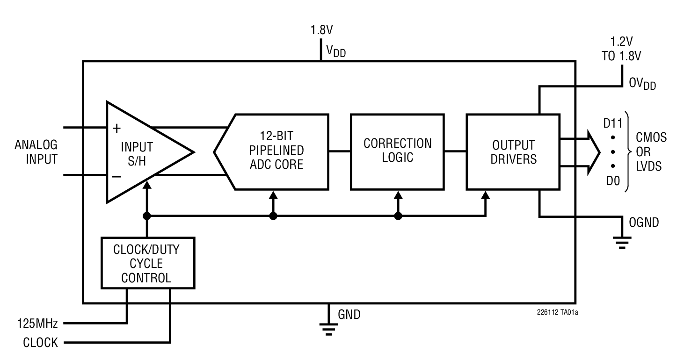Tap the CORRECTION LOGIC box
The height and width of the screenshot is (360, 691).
pos(397,151)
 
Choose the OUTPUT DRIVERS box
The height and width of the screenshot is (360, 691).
pos(513,151)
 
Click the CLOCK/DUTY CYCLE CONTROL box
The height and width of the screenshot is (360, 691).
pos(148,263)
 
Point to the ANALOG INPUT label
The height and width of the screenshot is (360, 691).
pos(36,151)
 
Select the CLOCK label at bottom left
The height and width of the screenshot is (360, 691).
pos(40,343)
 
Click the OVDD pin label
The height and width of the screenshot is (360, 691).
pos(642,84)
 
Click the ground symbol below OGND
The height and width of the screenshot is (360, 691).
pos(622,242)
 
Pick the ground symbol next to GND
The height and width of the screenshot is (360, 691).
pos(329,328)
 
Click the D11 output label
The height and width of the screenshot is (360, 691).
pos(613,124)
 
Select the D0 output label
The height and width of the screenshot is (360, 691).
pos(613,180)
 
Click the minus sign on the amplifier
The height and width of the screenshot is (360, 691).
pos(116,176)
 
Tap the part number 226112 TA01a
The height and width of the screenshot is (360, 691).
pos(557,312)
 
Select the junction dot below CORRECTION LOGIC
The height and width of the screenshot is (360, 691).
pos(398,216)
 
